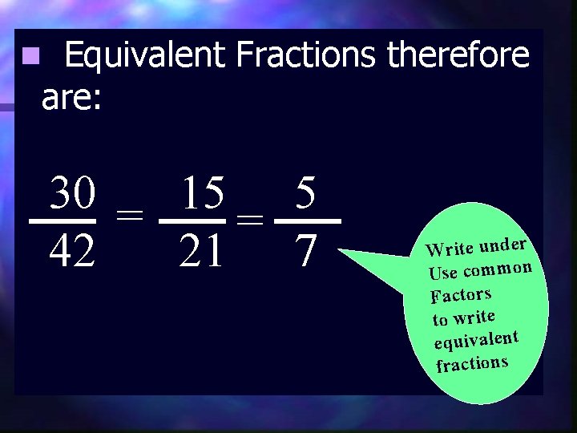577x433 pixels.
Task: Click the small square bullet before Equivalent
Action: (x=30, y=57)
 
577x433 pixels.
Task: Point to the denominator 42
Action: (x=73, y=252)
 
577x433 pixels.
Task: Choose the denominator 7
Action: (x=305, y=252)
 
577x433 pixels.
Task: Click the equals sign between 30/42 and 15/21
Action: (x=129, y=214)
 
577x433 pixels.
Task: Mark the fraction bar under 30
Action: (x=63, y=221)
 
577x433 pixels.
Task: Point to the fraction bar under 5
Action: (x=308, y=221)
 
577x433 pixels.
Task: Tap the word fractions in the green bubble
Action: (x=472, y=364)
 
